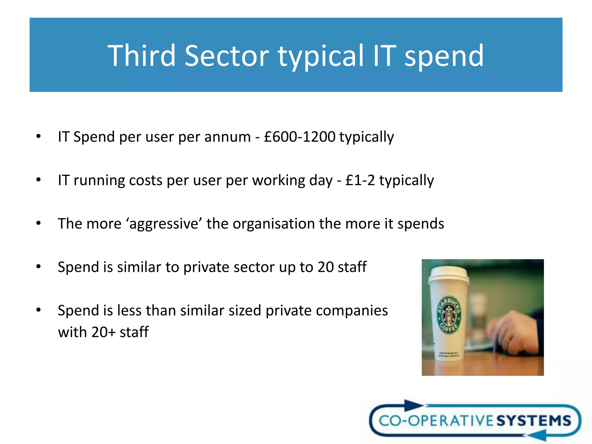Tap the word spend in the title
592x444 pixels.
(444, 56)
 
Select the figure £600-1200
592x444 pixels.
(299, 137)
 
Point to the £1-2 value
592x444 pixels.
(360, 180)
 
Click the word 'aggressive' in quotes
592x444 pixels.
(164, 224)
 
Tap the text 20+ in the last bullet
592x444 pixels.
(103, 332)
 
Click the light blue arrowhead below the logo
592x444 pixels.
(538, 435)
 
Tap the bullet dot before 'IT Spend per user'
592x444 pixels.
(38, 136)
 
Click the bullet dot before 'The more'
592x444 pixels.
(38, 223)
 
